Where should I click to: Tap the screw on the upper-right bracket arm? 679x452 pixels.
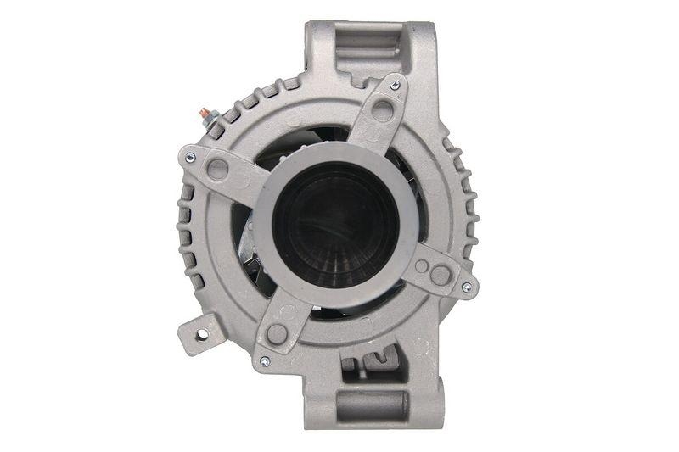click(395, 85)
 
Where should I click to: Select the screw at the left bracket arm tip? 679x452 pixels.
click(190, 156)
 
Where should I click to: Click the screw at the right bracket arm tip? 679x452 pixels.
click(466, 288)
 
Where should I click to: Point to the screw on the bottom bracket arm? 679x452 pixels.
click(264, 361)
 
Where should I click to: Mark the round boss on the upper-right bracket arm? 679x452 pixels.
click(383, 109)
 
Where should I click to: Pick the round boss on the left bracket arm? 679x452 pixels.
click(217, 168)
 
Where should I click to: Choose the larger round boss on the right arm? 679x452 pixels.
click(440, 274)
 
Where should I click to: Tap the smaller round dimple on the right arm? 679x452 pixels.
click(420, 265)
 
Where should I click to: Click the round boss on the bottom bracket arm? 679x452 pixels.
click(277, 333)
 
